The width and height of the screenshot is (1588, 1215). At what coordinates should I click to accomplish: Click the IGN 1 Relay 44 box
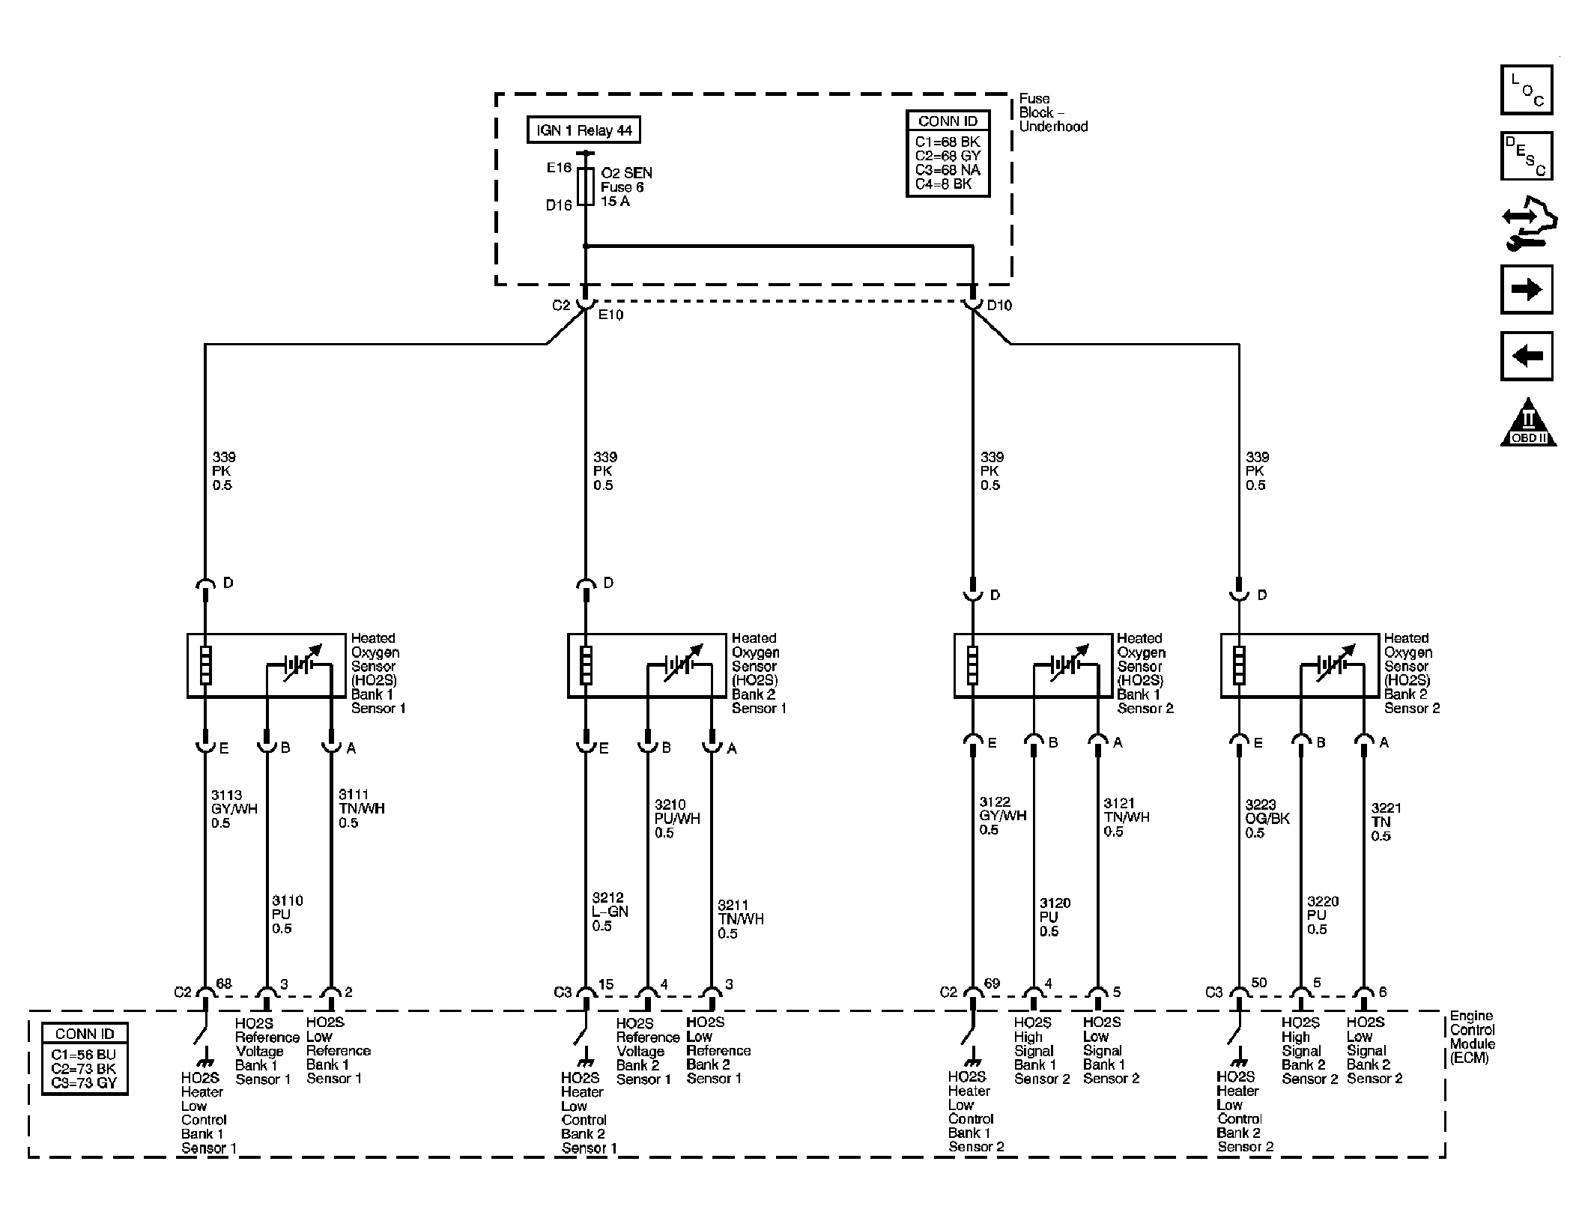coord(584,130)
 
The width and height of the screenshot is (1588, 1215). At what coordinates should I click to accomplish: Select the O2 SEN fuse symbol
coord(587,187)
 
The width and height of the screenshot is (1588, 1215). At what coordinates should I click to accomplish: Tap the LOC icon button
coord(1527,90)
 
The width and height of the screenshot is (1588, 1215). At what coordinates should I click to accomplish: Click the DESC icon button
coord(1527,156)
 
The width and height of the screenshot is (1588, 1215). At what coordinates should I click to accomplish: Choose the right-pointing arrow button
coord(1527,289)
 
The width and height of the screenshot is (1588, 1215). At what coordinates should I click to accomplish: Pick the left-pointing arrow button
coord(1527,356)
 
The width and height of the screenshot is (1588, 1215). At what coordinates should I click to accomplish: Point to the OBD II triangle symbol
coord(1529,423)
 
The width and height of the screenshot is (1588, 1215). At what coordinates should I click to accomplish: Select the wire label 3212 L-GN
coord(610,912)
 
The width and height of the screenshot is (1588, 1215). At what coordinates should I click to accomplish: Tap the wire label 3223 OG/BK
coord(1267,819)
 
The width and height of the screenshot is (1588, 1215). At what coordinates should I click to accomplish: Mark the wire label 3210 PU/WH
coord(677,819)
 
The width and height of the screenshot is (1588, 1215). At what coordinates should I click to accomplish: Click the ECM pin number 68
coord(224,984)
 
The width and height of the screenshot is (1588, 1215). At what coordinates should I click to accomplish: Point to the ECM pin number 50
coord(1259,983)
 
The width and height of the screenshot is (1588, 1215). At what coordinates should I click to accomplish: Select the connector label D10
coord(999,306)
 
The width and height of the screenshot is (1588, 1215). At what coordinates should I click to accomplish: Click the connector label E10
coord(610,315)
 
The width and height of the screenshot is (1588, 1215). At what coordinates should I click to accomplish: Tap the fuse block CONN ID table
coord(948,154)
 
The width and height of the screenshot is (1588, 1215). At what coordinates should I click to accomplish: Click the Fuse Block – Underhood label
coord(1053,112)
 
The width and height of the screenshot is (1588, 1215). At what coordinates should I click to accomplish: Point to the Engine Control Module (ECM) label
coord(1473,1037)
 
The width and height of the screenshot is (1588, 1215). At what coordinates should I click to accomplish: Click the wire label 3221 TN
coord(1386,822)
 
